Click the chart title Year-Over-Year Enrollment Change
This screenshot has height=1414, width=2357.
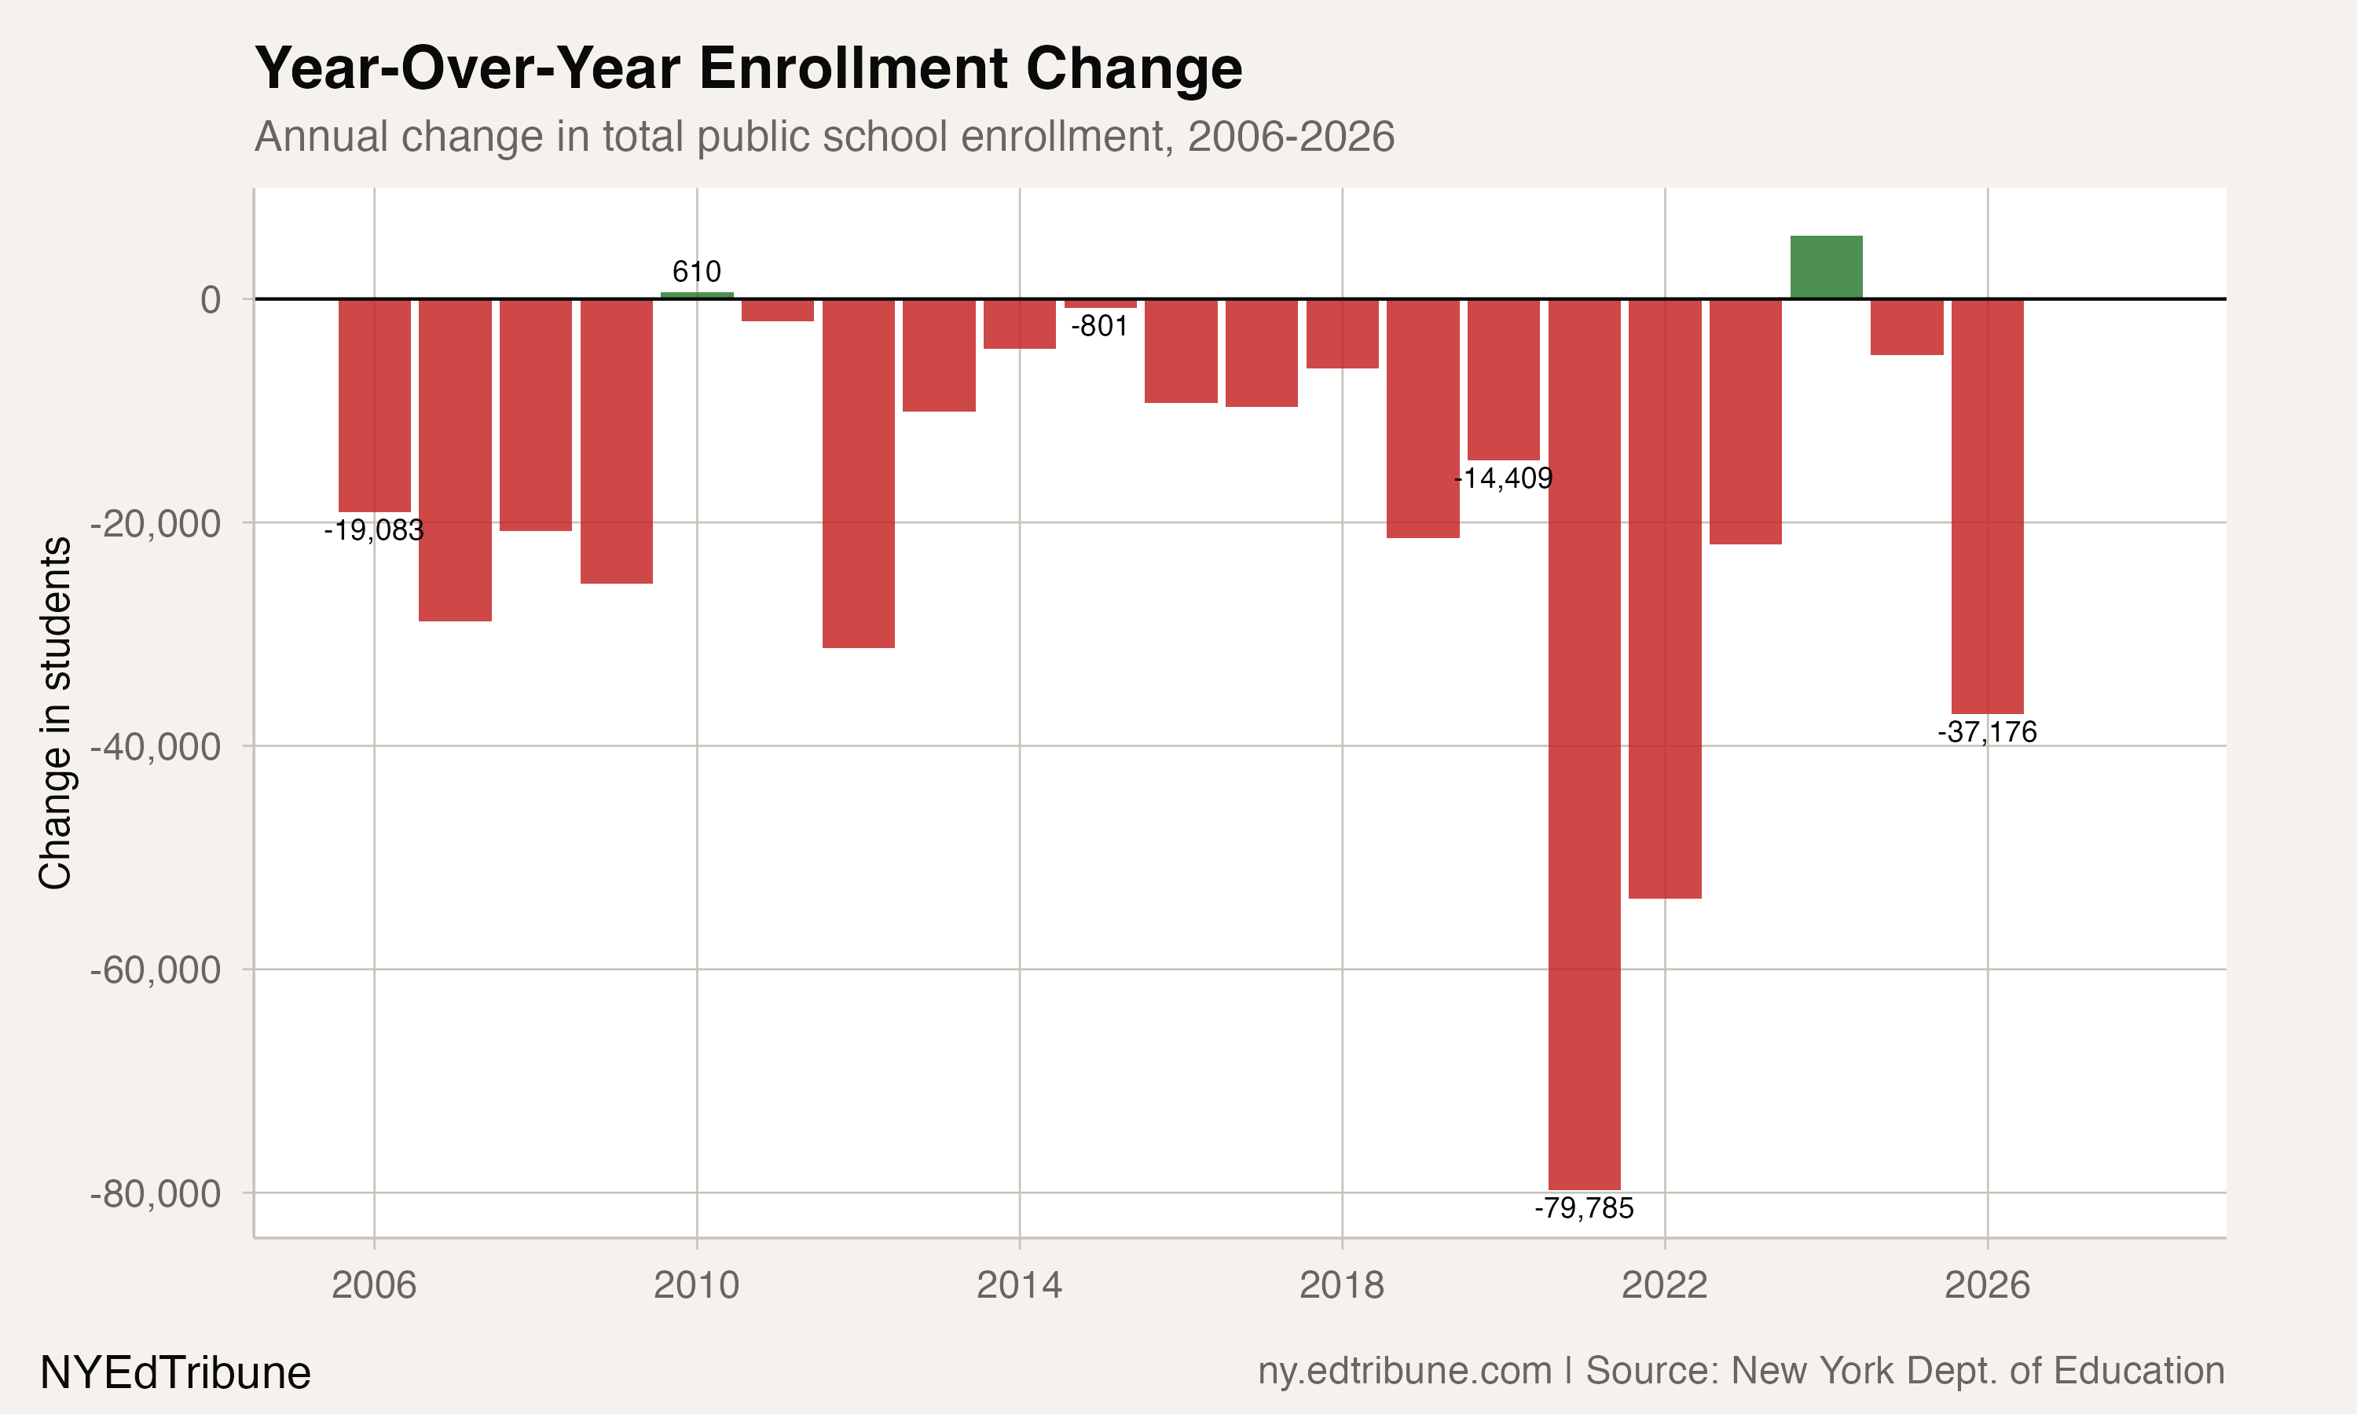tap(748, 68)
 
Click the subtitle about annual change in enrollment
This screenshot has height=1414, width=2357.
tap(824, 136)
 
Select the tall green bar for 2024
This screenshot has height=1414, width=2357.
tap(1825, 268)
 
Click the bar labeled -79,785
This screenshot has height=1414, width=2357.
tap(1583, 743)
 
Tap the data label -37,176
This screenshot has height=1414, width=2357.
tap(1986, 732)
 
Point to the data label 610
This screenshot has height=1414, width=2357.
tap(696, 272)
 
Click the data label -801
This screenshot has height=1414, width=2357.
tap(1099, 326)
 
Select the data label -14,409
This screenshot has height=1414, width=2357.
tap(1504, 478)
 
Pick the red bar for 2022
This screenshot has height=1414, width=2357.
tap(1664, 599)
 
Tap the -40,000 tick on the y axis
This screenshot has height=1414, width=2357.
tap(156, 747)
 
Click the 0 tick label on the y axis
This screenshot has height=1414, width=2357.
tap(210, 300)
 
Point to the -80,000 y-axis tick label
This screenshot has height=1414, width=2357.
tap(156, 1193)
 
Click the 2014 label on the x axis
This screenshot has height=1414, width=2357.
tap(1018, 1285)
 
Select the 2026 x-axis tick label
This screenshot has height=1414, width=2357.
tap(1986, 1285)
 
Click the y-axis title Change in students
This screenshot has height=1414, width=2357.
tap(55, 712)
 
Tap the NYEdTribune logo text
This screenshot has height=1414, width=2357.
tap(175, 1373)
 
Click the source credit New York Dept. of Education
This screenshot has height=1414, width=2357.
tap(1904, 1370)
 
